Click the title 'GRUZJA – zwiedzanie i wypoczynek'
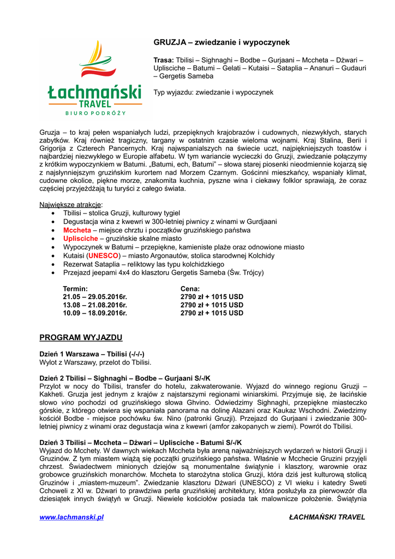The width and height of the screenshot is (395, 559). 221,42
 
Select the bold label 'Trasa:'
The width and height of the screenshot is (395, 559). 164,60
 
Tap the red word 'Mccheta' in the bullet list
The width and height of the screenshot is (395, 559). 77,230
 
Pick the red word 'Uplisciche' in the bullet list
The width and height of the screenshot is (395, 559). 80,239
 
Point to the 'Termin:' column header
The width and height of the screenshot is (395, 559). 75,288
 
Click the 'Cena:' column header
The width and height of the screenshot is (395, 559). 190,288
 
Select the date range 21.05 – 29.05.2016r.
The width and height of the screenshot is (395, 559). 95,296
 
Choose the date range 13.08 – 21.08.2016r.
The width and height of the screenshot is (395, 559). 95,305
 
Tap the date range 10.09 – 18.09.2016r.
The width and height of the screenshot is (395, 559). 95,313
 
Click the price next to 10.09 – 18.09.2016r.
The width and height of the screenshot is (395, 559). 212,313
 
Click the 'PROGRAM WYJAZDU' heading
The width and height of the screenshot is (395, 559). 81,337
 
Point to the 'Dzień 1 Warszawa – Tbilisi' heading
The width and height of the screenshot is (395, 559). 92,354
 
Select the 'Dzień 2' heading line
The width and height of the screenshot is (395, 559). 125,378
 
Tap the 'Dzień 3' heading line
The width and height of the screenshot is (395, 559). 141,443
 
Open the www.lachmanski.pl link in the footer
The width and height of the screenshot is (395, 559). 71,517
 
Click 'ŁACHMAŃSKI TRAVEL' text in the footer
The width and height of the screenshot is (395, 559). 327,517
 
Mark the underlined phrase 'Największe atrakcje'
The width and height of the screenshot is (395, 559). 70,205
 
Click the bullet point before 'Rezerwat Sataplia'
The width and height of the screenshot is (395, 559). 52,264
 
